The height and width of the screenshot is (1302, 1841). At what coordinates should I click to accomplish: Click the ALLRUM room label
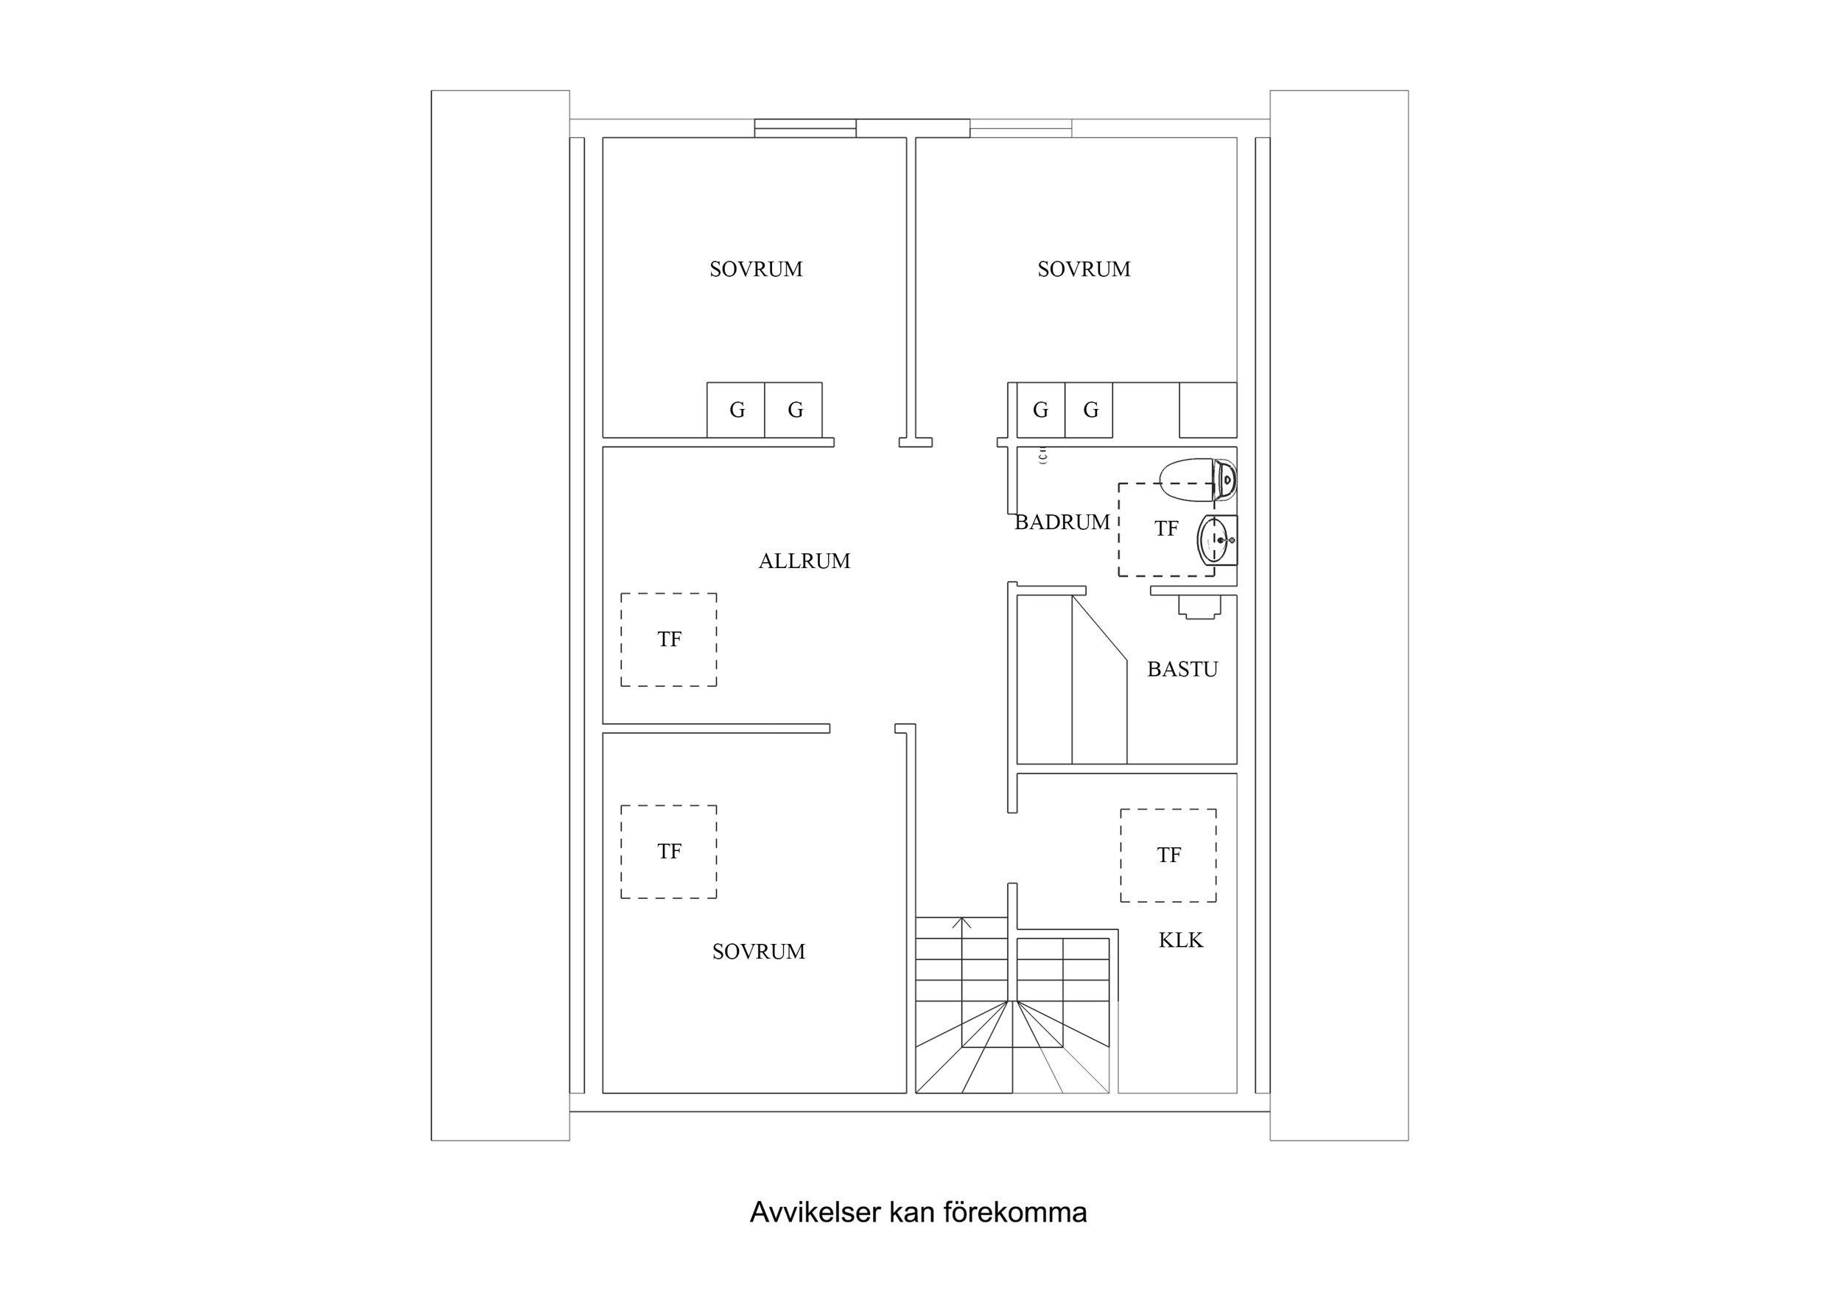tap(804, 561)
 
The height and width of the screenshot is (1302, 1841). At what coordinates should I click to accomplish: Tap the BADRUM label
tap(1062, 522)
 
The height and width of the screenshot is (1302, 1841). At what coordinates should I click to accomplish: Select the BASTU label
tap(1182, 669)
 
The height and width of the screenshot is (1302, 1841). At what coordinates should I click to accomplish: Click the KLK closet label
tap(1180, 940)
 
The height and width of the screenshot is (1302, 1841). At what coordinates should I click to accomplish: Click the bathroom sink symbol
tap(1216, 540)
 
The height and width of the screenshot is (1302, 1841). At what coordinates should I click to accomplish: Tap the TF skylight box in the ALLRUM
tap(669, 640)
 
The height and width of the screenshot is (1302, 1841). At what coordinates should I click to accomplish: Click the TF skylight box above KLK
tap(1168, 855)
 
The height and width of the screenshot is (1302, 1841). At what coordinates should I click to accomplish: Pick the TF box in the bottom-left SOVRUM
tap(669, 851)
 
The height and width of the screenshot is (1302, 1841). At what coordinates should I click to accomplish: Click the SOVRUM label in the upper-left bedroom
tap(755, 270)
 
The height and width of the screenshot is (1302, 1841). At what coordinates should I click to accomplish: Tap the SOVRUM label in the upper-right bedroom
tap(1083, 270)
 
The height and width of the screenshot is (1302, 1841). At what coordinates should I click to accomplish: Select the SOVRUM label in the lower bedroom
tap(759, 951)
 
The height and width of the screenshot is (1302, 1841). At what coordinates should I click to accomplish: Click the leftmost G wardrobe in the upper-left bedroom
tap(736, 410)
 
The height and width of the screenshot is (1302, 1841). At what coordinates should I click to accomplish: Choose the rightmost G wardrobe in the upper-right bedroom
tap(1090, 410)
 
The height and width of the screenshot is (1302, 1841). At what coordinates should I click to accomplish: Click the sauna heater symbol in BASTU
tap(1199, 607)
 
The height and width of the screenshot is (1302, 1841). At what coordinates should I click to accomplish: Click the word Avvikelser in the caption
tap(816, 1212)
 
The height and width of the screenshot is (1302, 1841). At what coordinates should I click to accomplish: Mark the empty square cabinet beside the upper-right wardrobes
tap(1207, 410)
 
